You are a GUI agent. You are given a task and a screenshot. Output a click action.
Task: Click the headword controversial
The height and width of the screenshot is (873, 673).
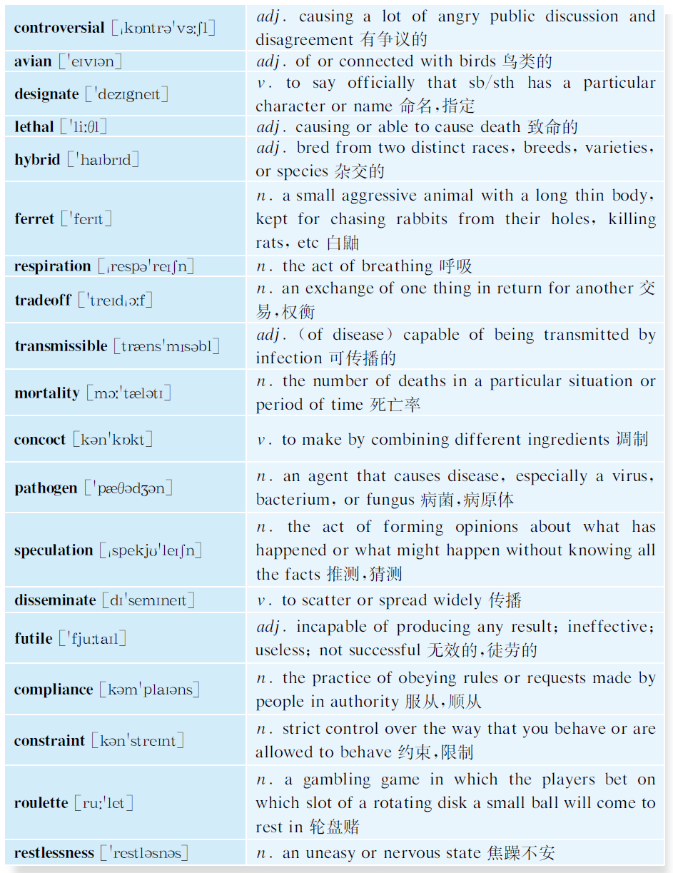pos(59,29)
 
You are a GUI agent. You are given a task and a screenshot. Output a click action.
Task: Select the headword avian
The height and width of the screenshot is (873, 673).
pos(33,61)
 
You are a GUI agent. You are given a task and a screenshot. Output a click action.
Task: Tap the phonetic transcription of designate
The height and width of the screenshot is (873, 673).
pos(126,94)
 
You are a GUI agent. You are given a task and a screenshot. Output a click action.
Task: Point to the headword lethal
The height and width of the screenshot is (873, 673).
pos(34,127)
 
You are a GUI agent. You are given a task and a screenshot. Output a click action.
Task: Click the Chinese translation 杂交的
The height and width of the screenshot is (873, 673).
pos(360,171)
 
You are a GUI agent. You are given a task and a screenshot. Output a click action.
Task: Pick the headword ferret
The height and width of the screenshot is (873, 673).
pos(34,219)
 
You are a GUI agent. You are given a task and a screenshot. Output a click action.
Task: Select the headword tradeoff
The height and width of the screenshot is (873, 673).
pos(43,300)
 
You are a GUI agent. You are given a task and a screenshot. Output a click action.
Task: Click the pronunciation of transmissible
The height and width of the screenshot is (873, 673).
pos(166,346)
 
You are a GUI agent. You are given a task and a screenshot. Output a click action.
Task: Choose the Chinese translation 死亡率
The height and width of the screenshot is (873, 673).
pos(395,405)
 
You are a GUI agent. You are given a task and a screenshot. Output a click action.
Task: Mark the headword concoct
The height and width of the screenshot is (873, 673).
pos(40,440)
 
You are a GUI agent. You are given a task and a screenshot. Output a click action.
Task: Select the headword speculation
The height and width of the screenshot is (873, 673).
pos(54,550)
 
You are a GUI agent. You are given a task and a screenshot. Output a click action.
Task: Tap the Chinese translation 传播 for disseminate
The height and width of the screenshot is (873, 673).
pos(505,600)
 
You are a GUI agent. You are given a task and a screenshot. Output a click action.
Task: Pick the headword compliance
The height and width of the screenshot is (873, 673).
pos(54,690)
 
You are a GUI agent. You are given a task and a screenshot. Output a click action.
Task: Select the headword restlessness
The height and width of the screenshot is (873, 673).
pos(54,853)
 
